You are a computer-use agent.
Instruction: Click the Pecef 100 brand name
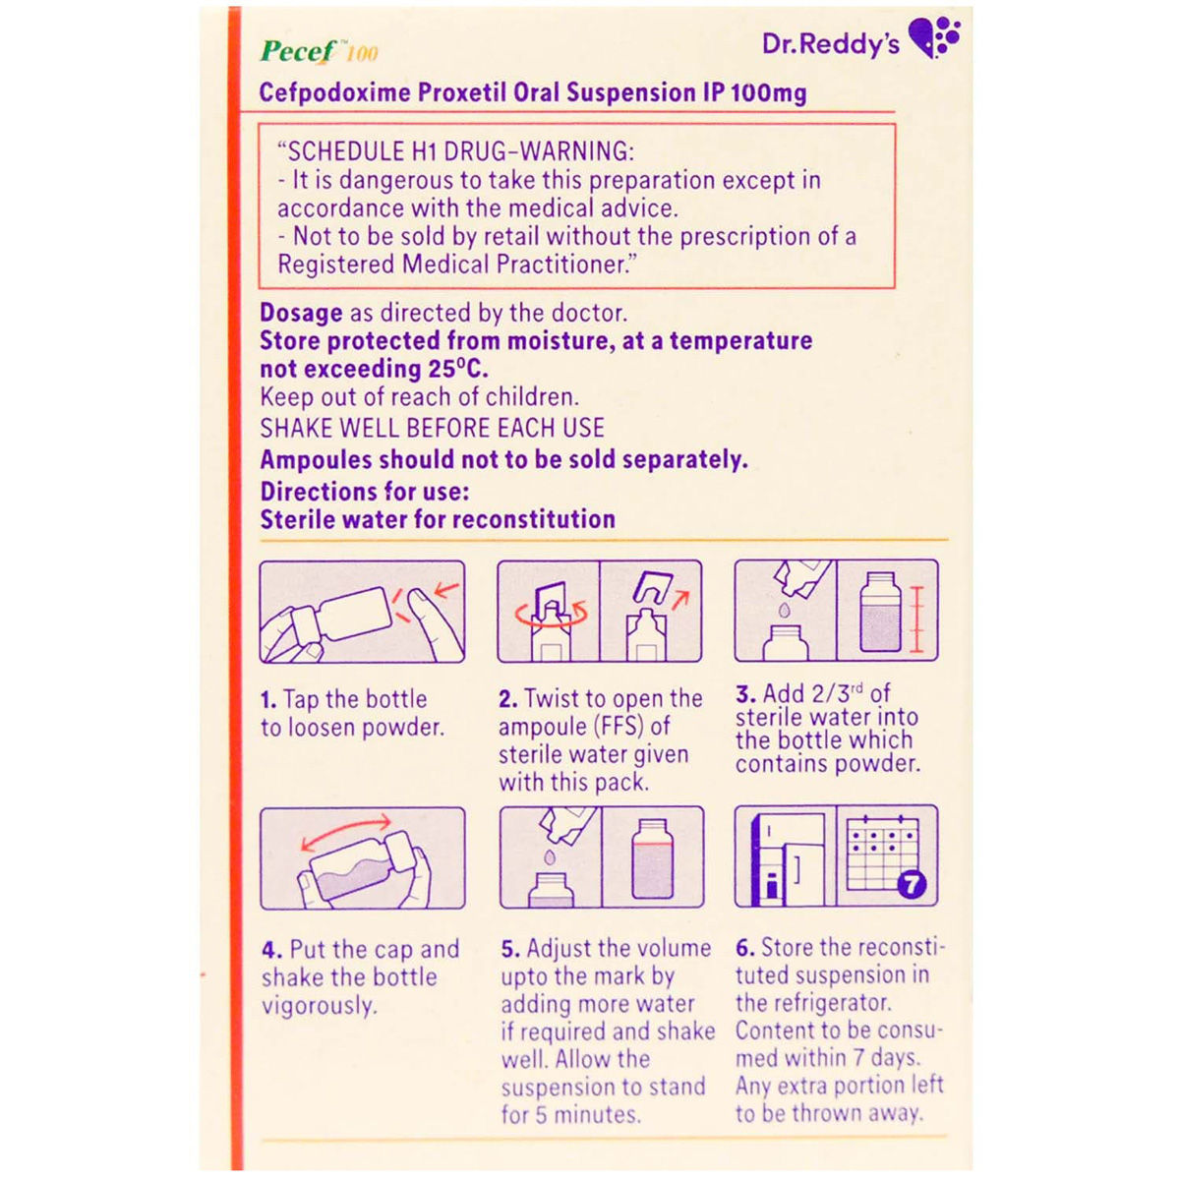pos(318,51)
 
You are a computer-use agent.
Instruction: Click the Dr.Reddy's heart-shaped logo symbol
pos(934,38)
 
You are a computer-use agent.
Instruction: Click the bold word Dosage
pos(301,314)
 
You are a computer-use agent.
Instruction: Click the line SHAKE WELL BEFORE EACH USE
pos(432,429)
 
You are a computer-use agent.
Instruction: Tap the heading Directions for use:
pos(364,492)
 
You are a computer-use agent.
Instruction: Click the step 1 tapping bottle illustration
pos(362,612)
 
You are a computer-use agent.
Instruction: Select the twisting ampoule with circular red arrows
pos(549,612)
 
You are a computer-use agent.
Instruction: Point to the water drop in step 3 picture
pos(785,611)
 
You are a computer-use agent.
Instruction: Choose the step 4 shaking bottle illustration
pos(362,858)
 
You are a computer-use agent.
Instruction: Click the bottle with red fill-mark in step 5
pos(652,857)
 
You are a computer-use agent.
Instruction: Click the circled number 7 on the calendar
pos(912,884)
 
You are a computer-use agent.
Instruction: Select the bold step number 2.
pos(507,700)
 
